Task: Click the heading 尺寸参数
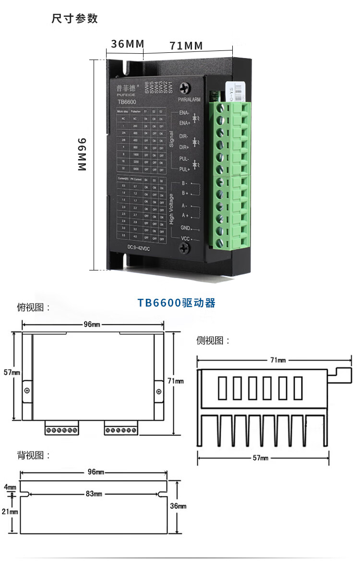coord(75,19)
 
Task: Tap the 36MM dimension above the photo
coord(128,44)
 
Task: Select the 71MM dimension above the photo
coord(186,46)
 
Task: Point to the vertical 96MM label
coord(82,155)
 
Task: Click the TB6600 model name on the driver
coord(127,101)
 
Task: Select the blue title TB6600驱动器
coord(176,303)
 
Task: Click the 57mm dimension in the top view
coord(12,372)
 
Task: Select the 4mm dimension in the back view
coord(10,487)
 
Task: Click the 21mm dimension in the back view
coord(10,512)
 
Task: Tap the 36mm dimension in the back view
coord(178,506)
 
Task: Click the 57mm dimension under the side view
coord(261,458)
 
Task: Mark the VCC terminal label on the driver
coord(186,239)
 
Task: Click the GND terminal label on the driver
coord(186,228)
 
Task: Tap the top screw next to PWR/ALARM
coord(184,88)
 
